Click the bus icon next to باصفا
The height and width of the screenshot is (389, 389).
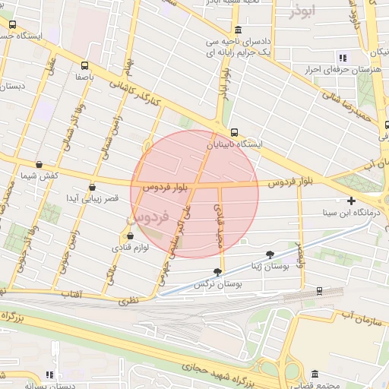click(84, 65)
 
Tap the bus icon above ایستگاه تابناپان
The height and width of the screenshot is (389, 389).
click(234, 131)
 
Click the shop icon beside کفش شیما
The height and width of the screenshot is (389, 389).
click(39, 164)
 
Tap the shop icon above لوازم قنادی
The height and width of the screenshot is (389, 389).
click(138, 236)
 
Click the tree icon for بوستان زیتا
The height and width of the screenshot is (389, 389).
click(270, 255)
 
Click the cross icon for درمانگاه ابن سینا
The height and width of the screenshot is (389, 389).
click(351, 201)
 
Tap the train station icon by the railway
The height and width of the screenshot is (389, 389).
click(319, 290)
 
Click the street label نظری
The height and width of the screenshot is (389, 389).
click(128, 301)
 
